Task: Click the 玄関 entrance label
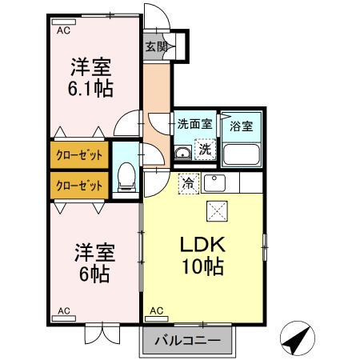[x=157, y=46]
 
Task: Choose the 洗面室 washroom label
[x=195, y=124]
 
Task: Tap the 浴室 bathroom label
[x=241, y=126]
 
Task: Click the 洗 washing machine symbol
[x=206, y=149]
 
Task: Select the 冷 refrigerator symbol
[x=186, y=183]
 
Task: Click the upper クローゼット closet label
[x=78, y=155]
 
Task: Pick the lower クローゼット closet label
[x=78, y=186]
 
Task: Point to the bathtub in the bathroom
[x=241, y=152]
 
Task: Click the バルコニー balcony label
[x=189, y=340]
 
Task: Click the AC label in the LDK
[x=156, y=310]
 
